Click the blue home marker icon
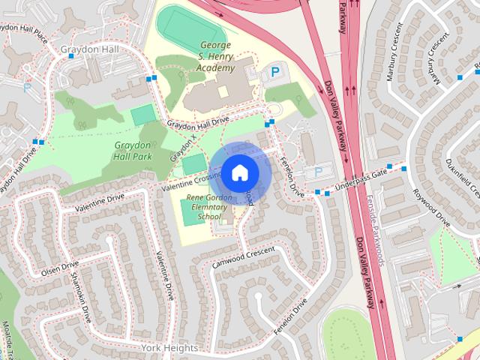coord(239,172)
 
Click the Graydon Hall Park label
coord(133,150)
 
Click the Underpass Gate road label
coord(361,178)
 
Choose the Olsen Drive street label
coord(60,268)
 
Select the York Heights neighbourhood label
coord(169,349)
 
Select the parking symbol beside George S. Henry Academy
coord(275,73)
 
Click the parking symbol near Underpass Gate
coord(317,172)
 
